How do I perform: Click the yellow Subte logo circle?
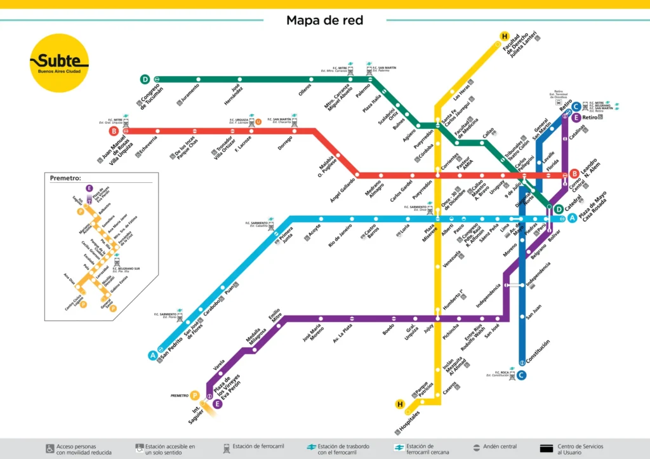tap(59, 63)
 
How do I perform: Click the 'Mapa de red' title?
tap(324, 20)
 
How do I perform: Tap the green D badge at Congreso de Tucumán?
tap(145, 79)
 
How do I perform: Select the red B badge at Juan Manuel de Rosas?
tap(114, 131)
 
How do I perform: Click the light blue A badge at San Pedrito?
tap(153, 356)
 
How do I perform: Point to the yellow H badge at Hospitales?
tap(400, 404)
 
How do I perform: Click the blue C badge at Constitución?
tap(521, 375)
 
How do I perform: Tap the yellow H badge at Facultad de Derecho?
tap(505, 36)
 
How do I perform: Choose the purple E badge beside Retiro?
tap(576, 117)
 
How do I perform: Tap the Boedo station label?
tap(388, 329)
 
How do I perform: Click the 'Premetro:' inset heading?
tap(66, 178)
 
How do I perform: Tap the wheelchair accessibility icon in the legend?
tap(50, 448)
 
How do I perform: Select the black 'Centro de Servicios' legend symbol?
tap(547, 448)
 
